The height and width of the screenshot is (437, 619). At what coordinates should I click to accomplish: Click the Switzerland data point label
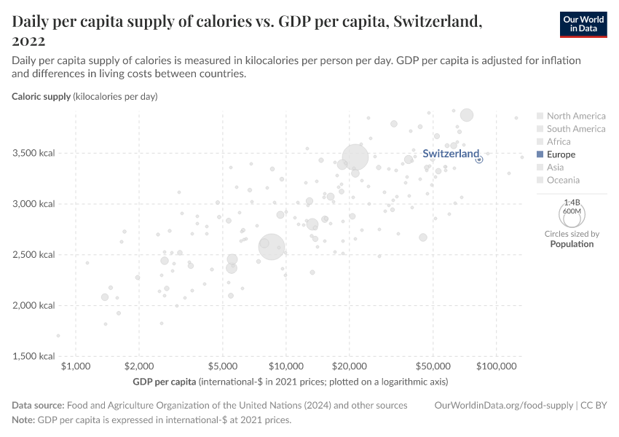[x=451, y=154]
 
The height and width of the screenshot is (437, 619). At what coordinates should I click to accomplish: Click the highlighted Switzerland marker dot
[x=479, y=159]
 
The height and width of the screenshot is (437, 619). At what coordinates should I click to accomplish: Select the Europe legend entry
[x=561, y=154]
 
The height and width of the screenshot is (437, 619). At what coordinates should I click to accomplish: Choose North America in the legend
[x=575, y=116]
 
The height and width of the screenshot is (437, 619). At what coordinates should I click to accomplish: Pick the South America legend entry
[x=575, y=129]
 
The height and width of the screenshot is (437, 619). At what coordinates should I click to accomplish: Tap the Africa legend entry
[x=559, y=141]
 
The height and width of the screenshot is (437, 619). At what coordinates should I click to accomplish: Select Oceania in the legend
[x=563, y=180]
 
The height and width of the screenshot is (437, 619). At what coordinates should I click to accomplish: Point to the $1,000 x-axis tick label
[x=76, y=366]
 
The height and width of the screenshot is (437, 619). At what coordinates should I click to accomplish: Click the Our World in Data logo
[x=583, y=24]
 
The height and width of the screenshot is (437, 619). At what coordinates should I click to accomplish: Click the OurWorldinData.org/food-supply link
[x=502, y=405]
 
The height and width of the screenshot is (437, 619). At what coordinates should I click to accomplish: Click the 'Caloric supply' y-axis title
[x=42, y=96]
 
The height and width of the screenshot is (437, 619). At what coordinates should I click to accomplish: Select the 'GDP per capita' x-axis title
[x=165, y=382]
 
